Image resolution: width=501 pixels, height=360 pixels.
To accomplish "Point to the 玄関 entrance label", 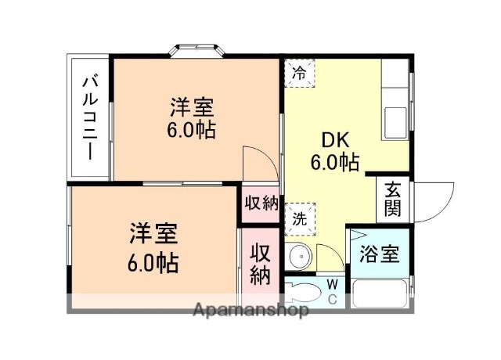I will coord(392,200).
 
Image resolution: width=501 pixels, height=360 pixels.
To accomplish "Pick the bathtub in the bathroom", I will coord(380,293).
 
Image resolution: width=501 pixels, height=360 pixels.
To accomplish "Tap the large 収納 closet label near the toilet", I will coord(261,264).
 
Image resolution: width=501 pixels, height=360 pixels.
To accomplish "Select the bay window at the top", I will coord(199,50).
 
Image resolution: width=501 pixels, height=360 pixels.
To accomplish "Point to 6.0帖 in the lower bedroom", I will coord(153,261).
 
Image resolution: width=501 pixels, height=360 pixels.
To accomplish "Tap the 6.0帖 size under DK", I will coord(334,163).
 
